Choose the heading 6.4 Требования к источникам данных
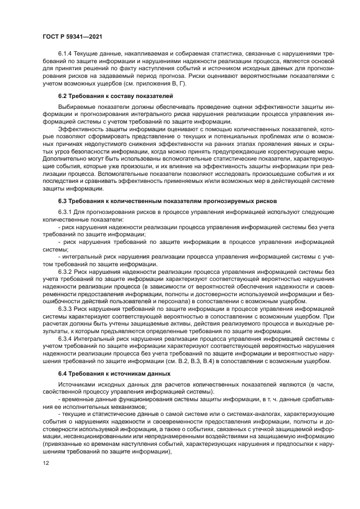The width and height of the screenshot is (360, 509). pos(114,374)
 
